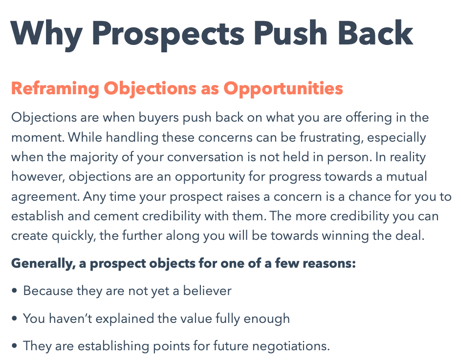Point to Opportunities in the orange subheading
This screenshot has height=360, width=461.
tap(284, 89)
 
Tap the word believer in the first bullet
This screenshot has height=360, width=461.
tap(207, 291)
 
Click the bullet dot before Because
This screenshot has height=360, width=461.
tap(15, 291)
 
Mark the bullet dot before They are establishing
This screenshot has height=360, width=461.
tap(15, 347)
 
